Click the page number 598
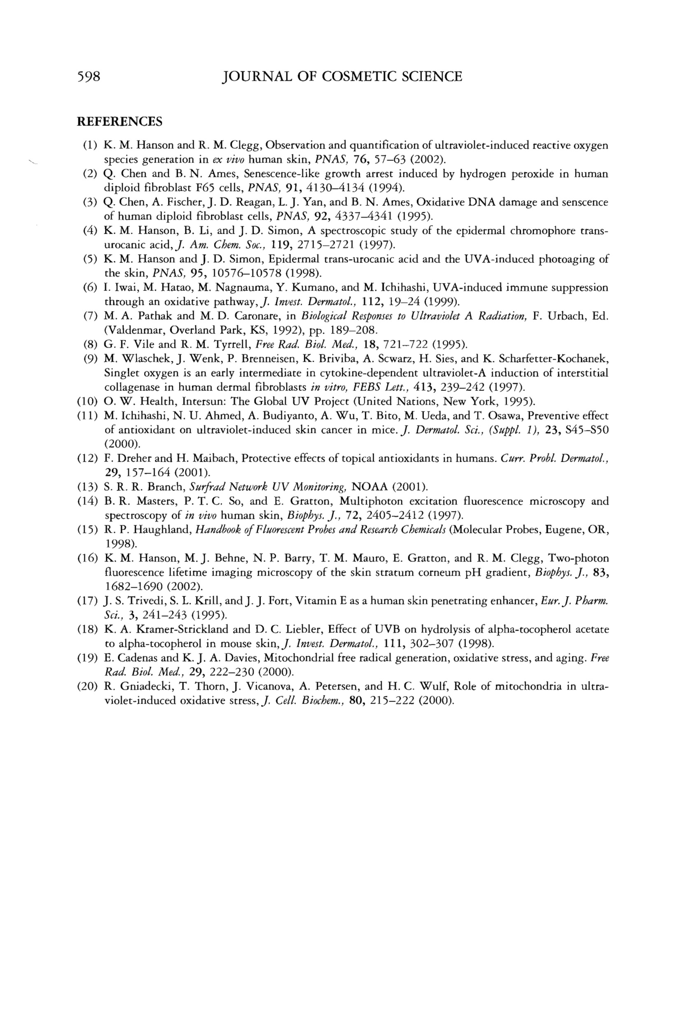(89, 77)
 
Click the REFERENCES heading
(119, 122)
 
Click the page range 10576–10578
(240, 273)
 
